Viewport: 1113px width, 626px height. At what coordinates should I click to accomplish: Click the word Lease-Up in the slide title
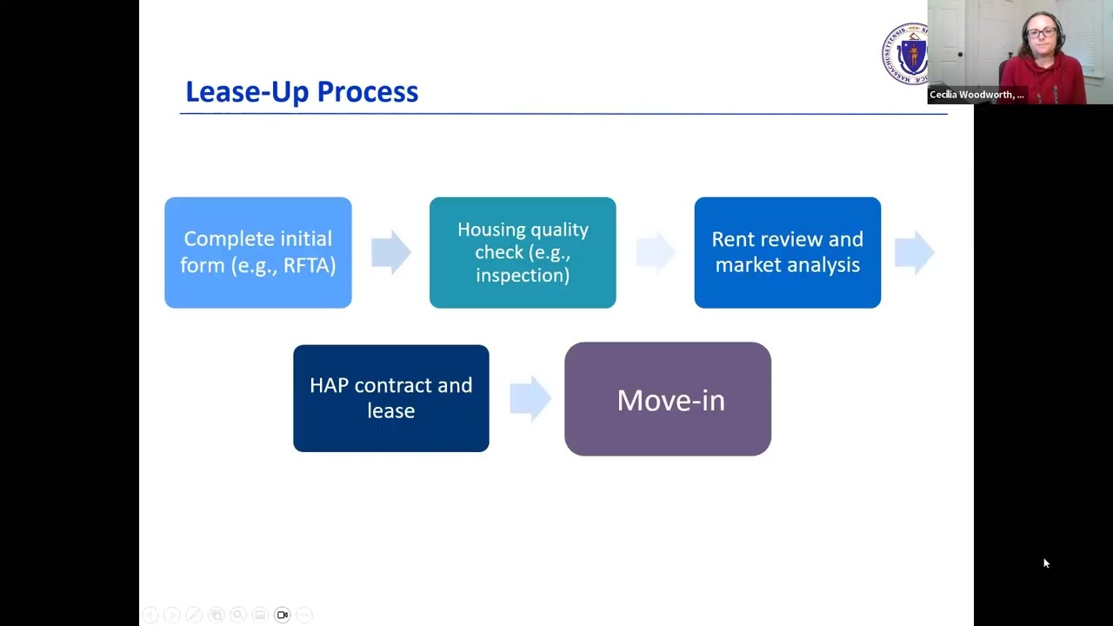click(247, 92)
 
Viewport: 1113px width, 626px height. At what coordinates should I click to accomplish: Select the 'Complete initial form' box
click(258, 252)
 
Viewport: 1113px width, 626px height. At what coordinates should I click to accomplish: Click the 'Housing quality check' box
click(523, 252)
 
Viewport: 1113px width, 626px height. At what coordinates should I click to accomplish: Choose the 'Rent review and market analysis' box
click(787, 252)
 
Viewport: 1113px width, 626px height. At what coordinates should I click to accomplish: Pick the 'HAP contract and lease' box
click(391, 398)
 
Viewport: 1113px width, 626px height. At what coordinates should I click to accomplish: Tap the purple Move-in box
click(668, 399)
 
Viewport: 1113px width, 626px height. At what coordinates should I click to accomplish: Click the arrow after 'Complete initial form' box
click(390, 252)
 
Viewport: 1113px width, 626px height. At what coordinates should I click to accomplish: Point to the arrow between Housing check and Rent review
click(656, 252)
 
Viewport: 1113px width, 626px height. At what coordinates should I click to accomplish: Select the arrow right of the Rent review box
click(914, 252)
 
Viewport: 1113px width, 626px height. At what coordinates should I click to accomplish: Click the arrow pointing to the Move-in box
click(530, 398)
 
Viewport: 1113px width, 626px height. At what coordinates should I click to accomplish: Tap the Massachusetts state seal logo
click(906, 54)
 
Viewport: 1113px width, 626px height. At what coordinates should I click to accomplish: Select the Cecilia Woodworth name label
click(976, 95)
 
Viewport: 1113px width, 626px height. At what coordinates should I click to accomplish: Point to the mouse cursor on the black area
click(1045, 563)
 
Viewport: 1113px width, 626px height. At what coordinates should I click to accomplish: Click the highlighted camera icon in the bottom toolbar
click(282, 615)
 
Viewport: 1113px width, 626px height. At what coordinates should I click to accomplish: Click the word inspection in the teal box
click(523, 275)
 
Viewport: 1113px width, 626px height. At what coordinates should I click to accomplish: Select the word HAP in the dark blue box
click(330, 385)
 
